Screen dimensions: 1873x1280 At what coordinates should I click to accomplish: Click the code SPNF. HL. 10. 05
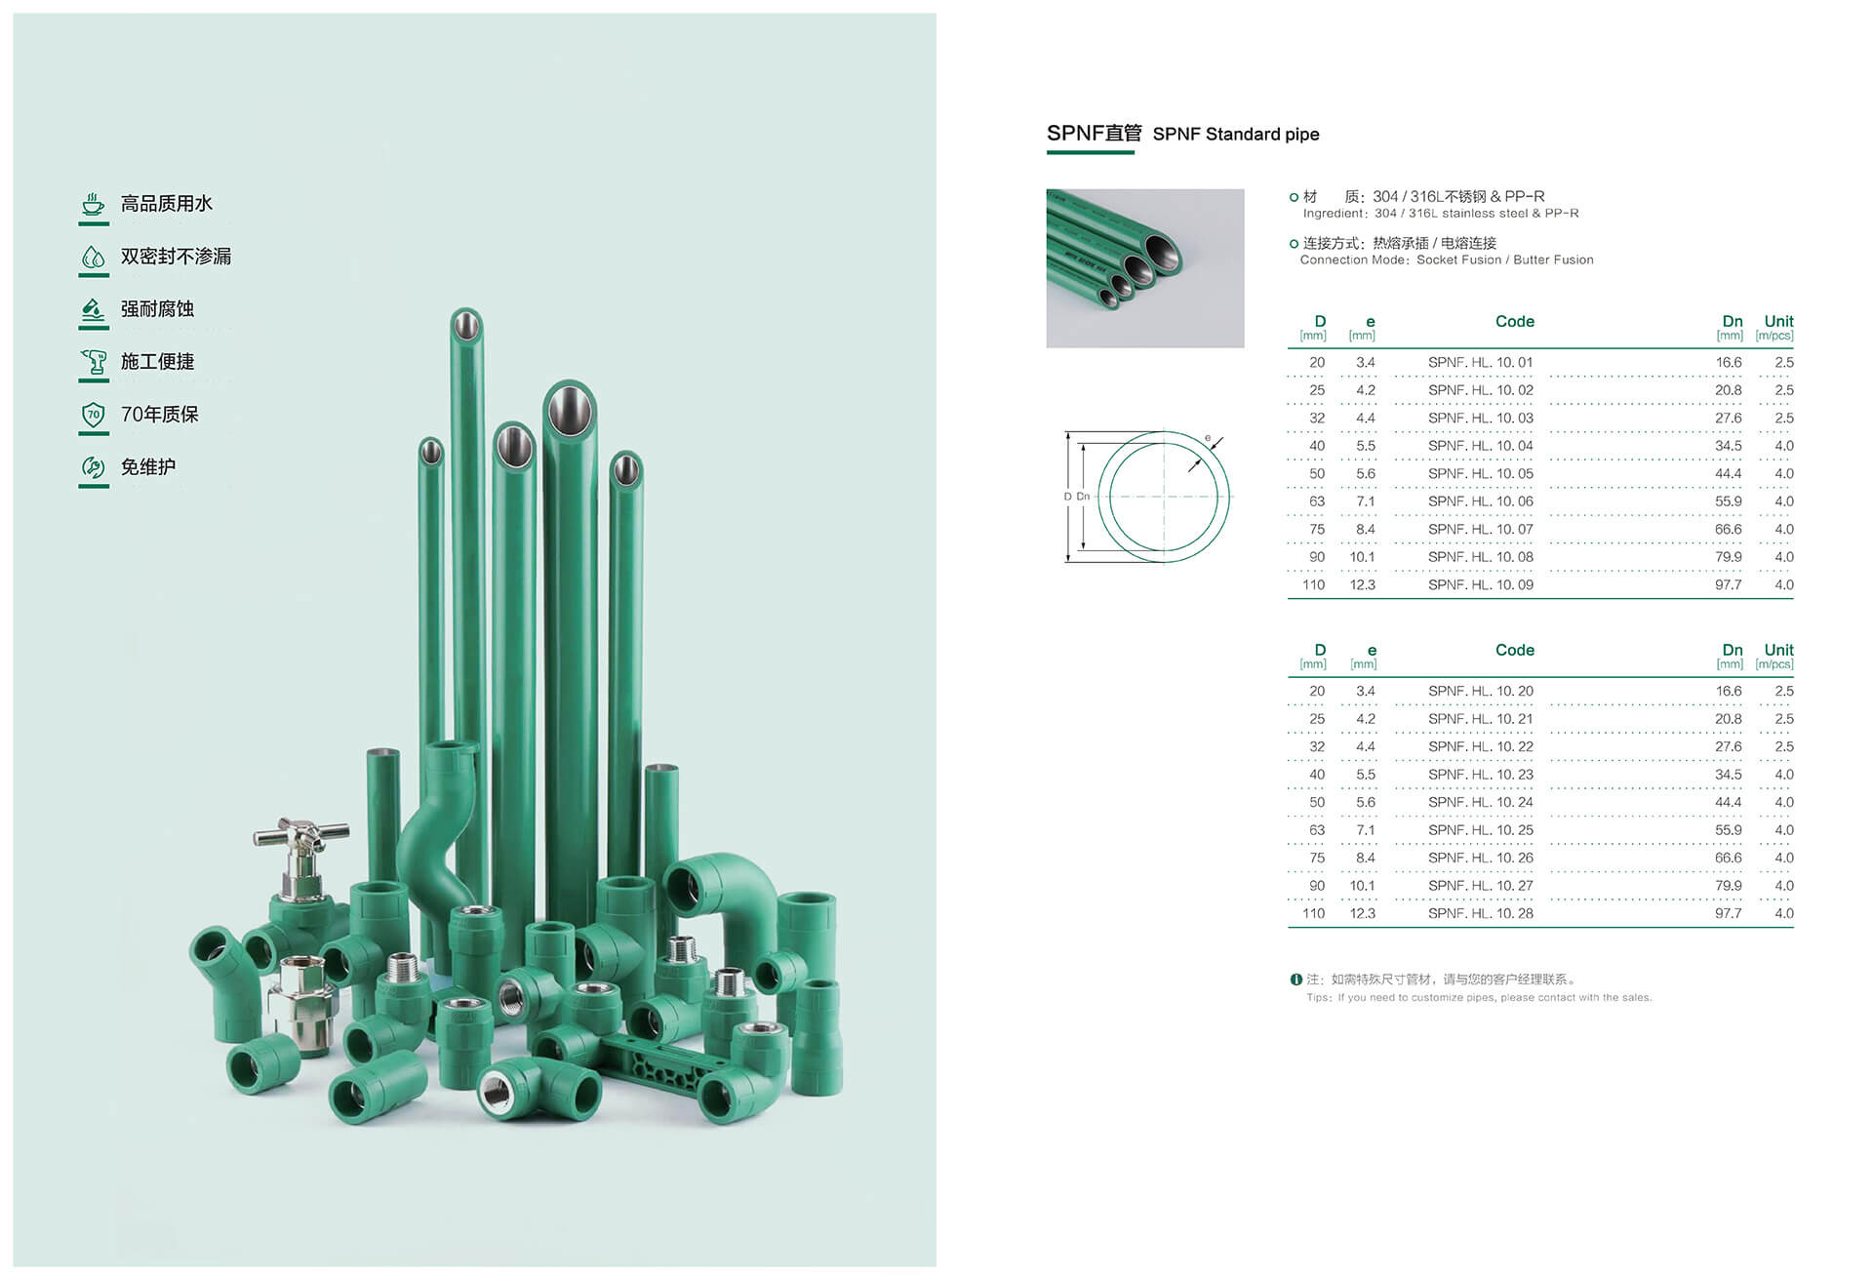[x=1480, y=474]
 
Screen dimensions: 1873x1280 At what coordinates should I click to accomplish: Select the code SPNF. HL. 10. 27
[x=1480, y=886]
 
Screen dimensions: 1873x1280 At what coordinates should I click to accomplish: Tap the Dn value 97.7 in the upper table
[x=1728, y=585]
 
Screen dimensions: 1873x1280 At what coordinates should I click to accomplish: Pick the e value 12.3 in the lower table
[x=1362, y=914]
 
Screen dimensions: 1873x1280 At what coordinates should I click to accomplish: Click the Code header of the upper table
[x=1514, y=321]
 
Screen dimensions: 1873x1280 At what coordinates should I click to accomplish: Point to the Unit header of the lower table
[x=1778, y=650]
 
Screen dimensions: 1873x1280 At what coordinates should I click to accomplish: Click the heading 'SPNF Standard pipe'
[x=1235, y=135]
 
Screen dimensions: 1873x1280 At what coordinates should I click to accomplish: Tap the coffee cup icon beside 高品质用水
[x=93, y=204]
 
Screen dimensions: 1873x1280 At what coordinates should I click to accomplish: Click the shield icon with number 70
[x=93, y=415]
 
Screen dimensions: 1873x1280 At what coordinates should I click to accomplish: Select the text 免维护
[x=148, y=467]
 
